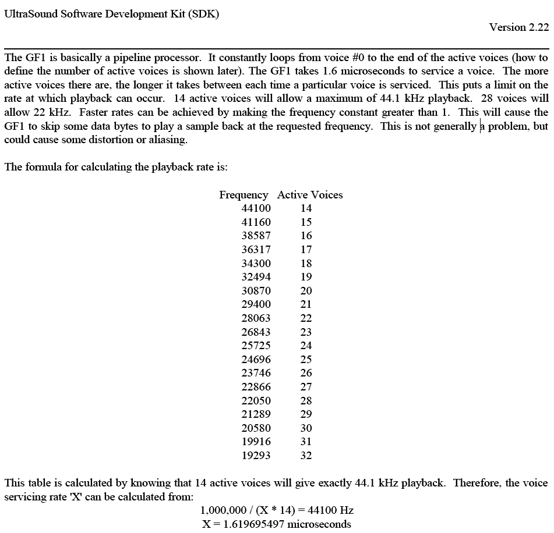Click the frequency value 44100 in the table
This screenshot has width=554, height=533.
click(256, 208)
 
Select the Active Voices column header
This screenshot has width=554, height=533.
click(310, 195)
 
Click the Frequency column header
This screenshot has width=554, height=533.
click(244, 195)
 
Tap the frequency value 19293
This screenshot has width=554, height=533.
click(256, 456)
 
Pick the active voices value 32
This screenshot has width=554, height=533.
click(306, 456)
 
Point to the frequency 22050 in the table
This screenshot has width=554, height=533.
click(256, 401)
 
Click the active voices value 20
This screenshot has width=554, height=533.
click(306, 291)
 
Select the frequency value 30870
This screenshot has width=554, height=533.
click(256, 291)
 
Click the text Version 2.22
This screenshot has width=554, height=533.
click(518, 27)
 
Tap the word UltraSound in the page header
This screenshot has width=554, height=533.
click(29, 14)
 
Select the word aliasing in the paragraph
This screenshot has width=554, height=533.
click(165, 140)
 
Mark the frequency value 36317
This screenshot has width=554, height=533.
click(256, 250)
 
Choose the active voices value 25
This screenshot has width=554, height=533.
click(306, 360)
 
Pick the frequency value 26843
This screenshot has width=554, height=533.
click(256, 332)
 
